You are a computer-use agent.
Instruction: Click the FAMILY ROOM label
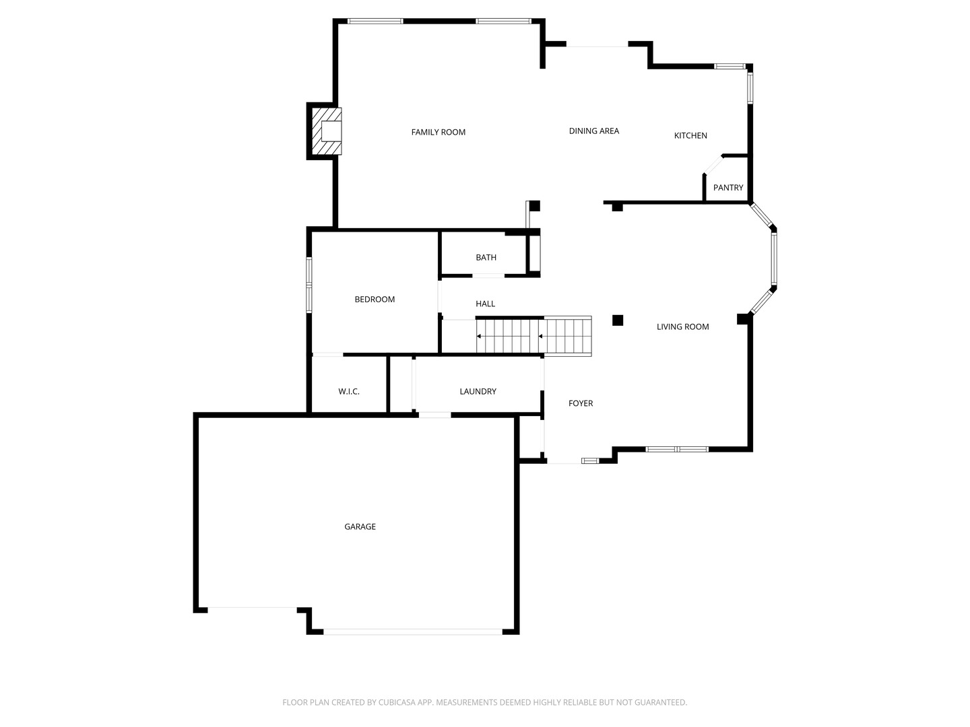click(439, 132)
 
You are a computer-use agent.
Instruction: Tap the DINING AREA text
click(593, 131)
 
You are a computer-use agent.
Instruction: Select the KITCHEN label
click(690, 135)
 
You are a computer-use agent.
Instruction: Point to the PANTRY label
click(728, 188)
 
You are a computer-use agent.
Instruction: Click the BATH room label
click(486, 257)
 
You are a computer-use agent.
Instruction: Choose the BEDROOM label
click(375, 299)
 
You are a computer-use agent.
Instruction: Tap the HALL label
click(485, 304)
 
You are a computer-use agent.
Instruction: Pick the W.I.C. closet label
click(349, 391)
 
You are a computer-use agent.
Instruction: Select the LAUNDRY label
click(478, 391)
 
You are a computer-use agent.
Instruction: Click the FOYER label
click(581, 403)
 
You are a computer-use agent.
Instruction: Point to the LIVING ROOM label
click(682, 326)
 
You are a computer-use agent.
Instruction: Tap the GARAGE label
click(360, 526)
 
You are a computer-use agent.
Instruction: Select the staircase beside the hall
click(533, 336)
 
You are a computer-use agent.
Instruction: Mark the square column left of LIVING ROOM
click(617, 320)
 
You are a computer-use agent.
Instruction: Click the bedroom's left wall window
click(309, 285)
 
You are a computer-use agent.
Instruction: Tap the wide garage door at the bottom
click(412, 631)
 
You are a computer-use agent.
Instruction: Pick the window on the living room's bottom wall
click(676, 449)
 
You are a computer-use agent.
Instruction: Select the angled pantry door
click(713, 164)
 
